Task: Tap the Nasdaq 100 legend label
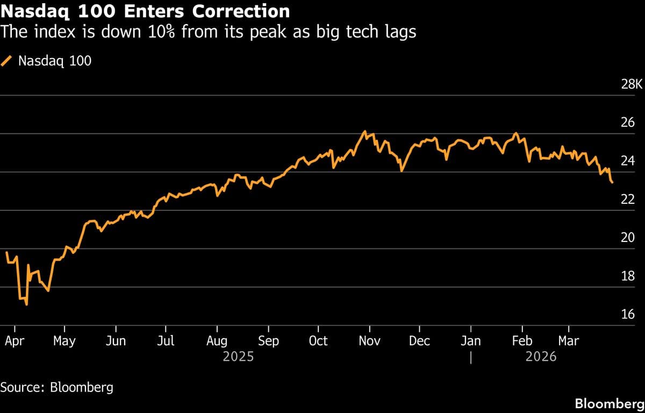54,61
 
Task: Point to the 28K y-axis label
632,84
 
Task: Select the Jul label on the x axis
166,341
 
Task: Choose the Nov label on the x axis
369,341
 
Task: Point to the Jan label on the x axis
471,341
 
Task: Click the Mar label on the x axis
569,341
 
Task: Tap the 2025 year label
238,357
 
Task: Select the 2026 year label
541,357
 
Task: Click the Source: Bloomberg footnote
56,387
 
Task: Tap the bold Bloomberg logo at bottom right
609,403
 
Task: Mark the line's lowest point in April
26,304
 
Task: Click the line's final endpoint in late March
612,183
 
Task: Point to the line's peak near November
364,131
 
